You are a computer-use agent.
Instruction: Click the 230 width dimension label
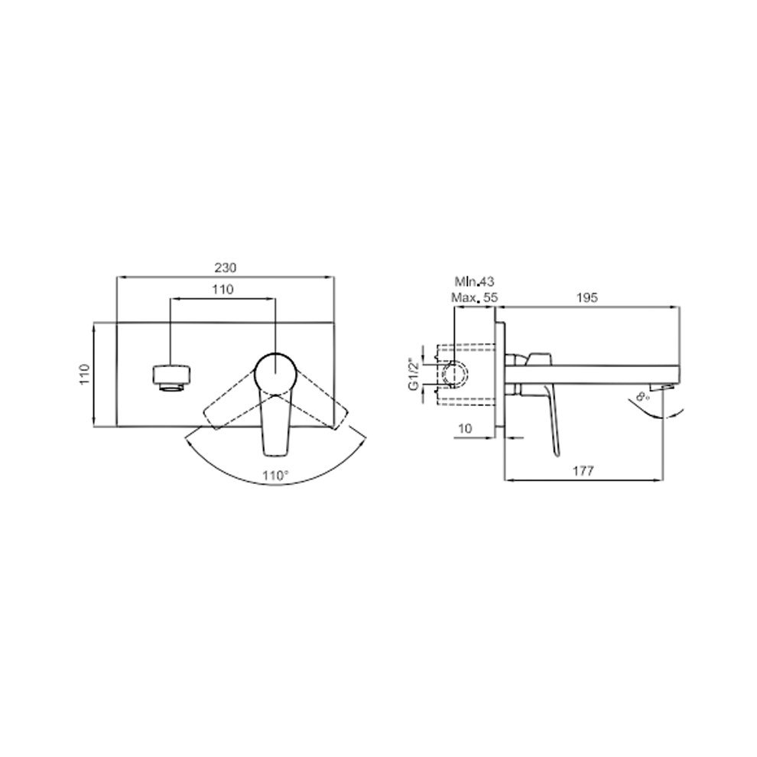(226, 267)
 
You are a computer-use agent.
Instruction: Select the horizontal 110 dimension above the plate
(223, 289)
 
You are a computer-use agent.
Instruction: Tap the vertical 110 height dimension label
(85, 374)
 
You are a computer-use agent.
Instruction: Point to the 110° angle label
(276, 476)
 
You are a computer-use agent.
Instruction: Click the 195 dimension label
(587, 297)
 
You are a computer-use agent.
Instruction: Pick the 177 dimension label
(583, 470)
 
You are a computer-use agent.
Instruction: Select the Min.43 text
(475, 281)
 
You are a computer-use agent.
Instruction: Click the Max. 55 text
(475, 297)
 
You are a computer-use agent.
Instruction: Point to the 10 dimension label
(465, 428)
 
